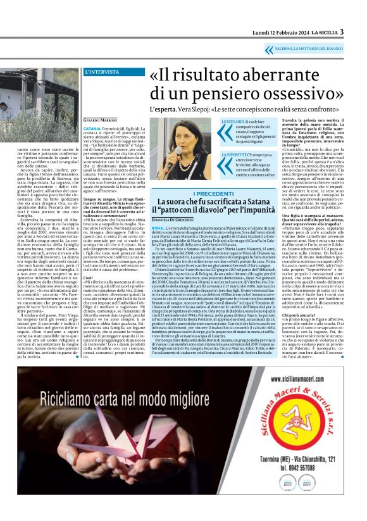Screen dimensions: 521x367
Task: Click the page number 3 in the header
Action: point(342,32)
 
